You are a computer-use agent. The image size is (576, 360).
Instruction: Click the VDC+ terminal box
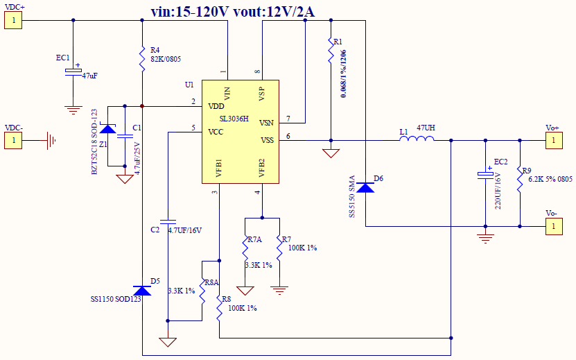point(13,20)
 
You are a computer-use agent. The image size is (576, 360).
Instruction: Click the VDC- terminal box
point(13,141)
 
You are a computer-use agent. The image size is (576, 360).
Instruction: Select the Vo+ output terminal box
point(552,141)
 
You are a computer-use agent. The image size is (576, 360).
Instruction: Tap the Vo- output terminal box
point(552,226)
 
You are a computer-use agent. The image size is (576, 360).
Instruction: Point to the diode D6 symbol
point(365,186)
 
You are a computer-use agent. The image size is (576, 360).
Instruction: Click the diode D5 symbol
point(141,289)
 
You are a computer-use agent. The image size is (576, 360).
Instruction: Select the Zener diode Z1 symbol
point(107,128)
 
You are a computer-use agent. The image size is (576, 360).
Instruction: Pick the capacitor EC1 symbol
point(73,72)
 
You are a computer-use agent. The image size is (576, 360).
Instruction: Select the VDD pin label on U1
point(216,105)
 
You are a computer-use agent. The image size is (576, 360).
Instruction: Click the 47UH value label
point(426,128)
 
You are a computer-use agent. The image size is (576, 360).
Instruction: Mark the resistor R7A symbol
point(245,250)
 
